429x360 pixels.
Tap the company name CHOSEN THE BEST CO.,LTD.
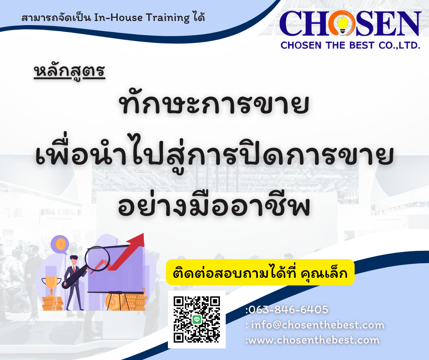(350, 45)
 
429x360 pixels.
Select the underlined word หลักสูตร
(69, 72)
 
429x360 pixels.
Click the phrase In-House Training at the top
(142, 18)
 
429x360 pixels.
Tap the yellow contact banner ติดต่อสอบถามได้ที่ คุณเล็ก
(260, 272)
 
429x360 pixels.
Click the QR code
(197, 319)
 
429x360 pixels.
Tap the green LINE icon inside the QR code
(197, 319)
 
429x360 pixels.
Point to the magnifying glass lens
(97, 259)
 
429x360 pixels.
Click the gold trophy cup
(51, 284)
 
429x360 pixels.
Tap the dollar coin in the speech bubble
(60, 244)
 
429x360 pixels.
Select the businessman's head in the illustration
(73, 260)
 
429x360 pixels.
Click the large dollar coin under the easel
(113, 302)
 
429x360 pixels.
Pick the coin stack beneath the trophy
(52, 302)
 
